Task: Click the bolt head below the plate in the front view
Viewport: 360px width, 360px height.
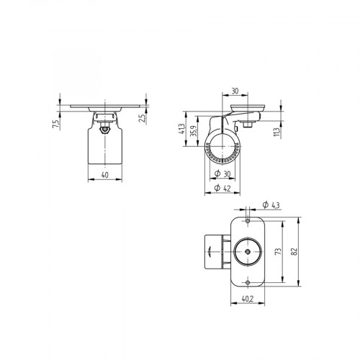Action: coord(104,129)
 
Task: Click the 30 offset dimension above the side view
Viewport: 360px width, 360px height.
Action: coord(235,91)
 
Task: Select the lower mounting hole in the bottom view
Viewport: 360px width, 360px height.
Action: coord(247,281)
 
